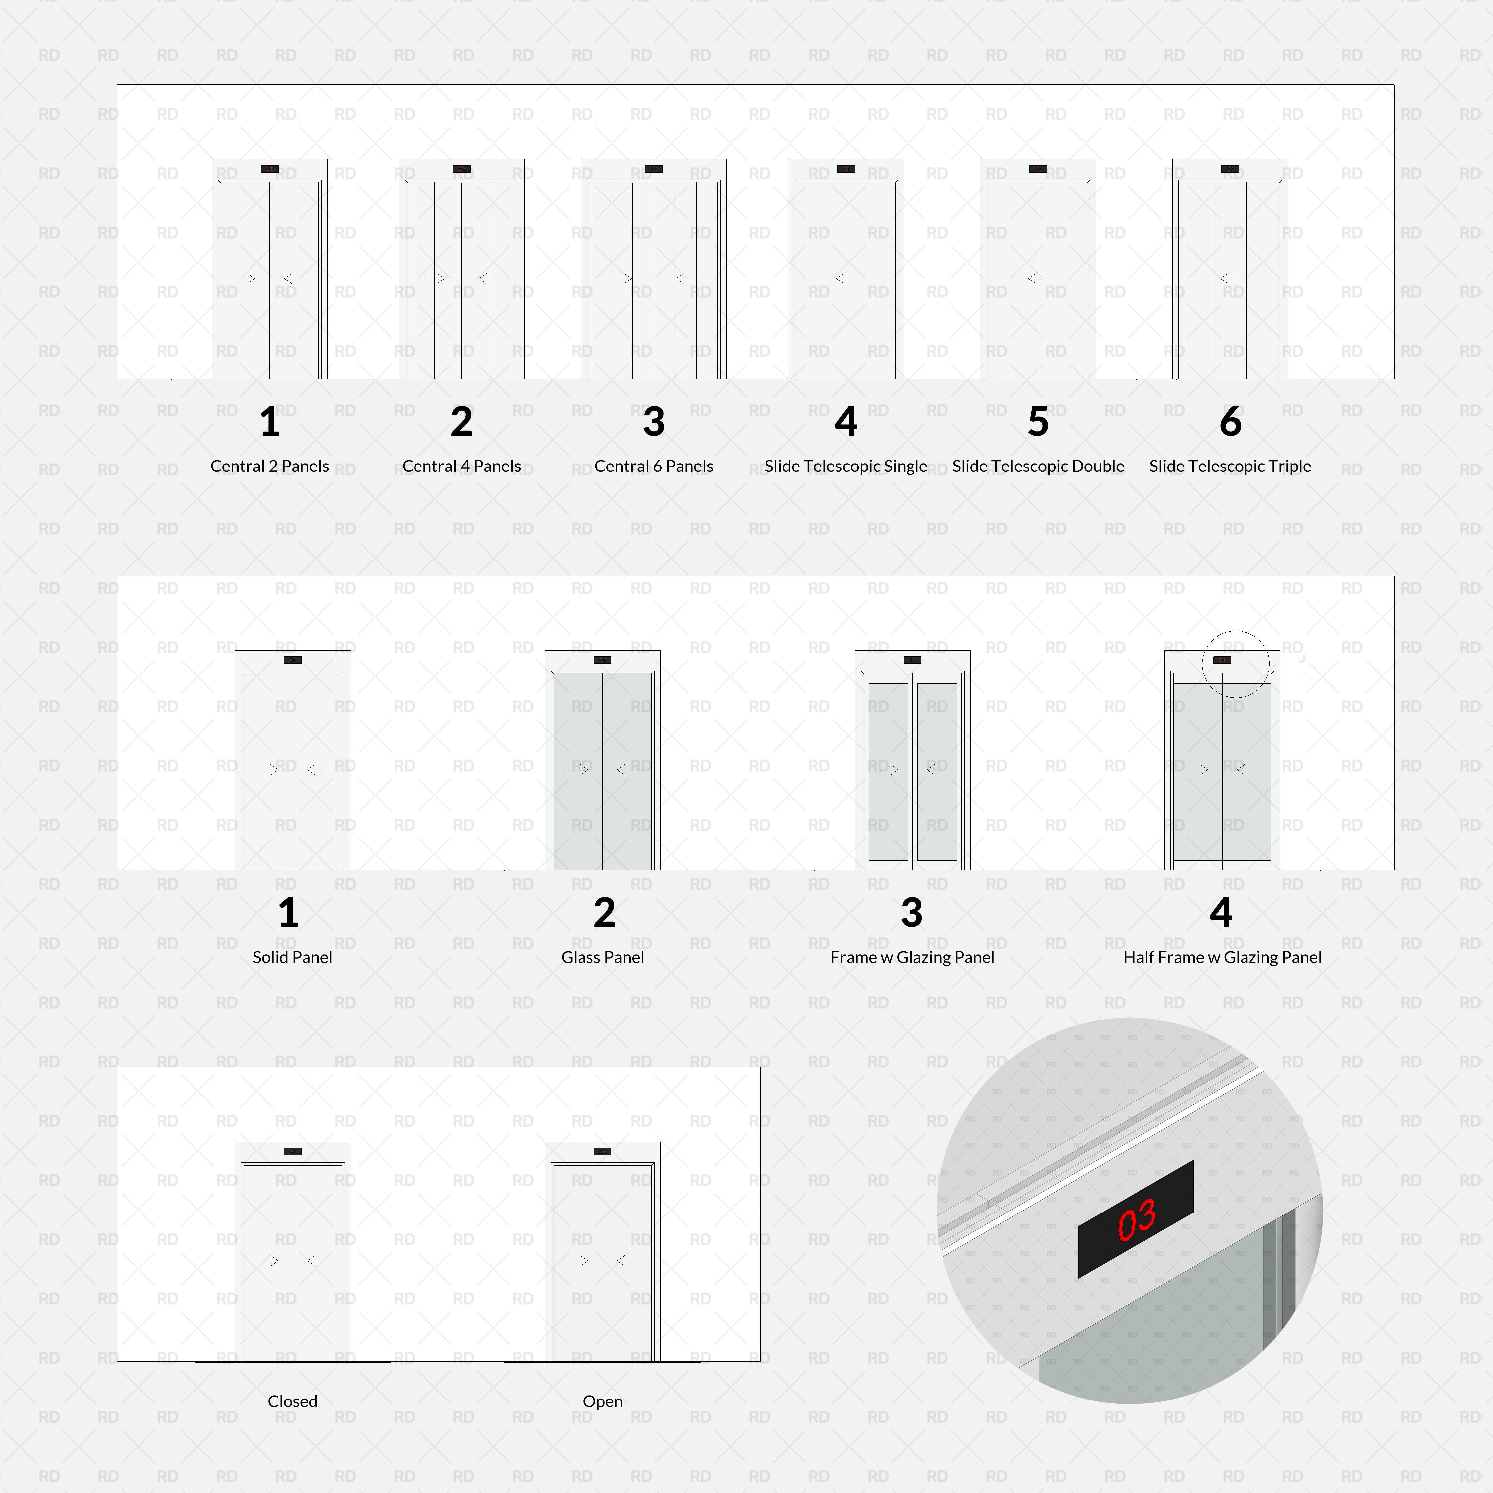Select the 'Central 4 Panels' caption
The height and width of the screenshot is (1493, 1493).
click(x=461, y=466)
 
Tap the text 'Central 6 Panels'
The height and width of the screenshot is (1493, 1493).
click(x=654, y=466)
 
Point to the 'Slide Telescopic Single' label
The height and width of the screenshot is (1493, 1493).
click(x=845, y=466)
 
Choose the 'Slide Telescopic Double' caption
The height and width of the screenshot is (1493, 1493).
click(x=1038, y=466)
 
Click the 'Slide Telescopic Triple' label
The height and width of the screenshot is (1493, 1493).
click(x=1230, y=466)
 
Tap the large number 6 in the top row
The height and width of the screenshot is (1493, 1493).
click(x=1230, y=421)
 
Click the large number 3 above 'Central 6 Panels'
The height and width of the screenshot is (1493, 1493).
click(x=654, y=421)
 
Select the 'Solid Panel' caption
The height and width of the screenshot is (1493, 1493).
click(x=292, y=957)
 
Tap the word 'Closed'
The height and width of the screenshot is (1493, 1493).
click(x=292, y=1401)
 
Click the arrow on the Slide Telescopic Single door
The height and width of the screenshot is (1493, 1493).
click(x=845, y=278)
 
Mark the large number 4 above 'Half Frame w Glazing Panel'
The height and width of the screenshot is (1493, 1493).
click(x=1221, y=913)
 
